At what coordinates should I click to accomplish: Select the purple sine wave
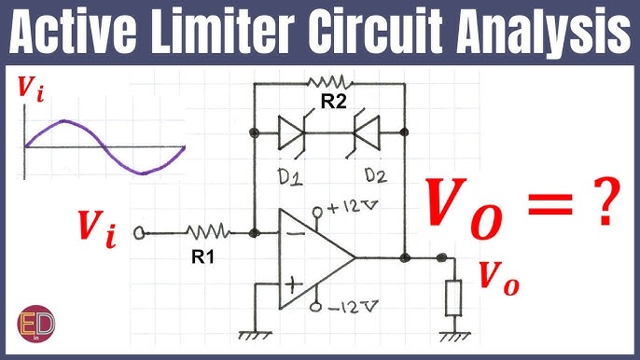(x=103, y=145)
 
